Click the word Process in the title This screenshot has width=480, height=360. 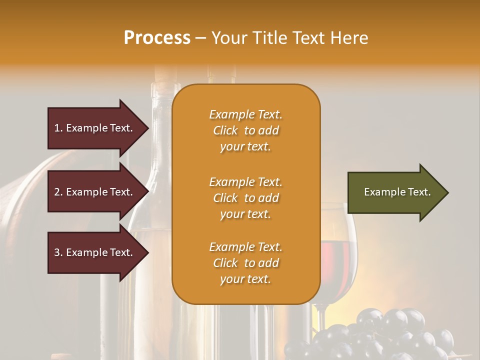157,38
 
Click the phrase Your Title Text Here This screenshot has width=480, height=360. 289,38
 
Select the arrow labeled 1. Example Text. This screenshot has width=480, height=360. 95,128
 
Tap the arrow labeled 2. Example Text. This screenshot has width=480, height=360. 95,192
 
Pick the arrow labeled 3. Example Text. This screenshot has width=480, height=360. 95,252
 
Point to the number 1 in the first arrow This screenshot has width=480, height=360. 57,128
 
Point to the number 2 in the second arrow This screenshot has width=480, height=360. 57,192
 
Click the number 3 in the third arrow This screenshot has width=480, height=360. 57,252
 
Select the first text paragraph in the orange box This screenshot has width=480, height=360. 245,130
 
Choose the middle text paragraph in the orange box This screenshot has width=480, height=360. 245,198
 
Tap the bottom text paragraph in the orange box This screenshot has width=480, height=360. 245,263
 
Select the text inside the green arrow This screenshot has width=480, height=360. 397,192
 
